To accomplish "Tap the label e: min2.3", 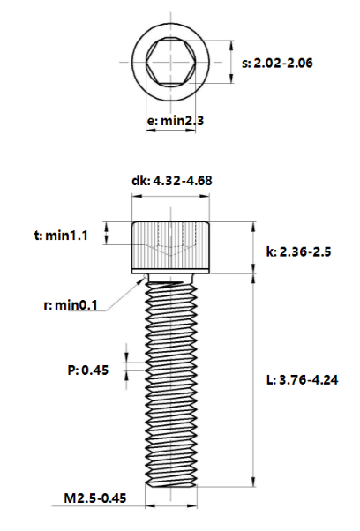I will click(x=176, y=120).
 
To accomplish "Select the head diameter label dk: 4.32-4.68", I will click(x=171, y=181).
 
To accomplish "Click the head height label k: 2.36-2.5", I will click(x=298, y=252).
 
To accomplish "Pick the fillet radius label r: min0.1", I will click(x=70, y=305).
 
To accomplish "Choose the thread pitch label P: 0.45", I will click(x=88, y=370).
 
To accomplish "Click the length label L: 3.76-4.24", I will click(x=303, y=380).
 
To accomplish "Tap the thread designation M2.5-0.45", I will click(x=95, y=498).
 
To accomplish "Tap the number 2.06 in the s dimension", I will click(x=301, y=64).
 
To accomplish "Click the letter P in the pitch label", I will click(x=72, y=370).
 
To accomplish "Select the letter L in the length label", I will click(x=269, y=380).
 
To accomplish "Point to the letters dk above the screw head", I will click(x=139, y=181).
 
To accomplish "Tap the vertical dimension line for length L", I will click(x=255, y=380).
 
